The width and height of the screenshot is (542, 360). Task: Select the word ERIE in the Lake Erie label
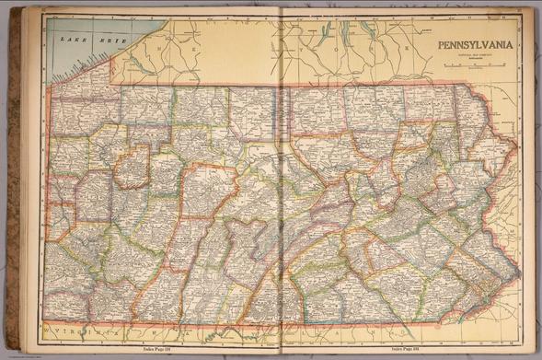(89, 42)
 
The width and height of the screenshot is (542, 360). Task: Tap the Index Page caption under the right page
(409, 349)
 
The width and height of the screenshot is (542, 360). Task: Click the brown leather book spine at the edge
(13, 184)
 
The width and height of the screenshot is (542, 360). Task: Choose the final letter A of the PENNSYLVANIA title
(512, 42)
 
